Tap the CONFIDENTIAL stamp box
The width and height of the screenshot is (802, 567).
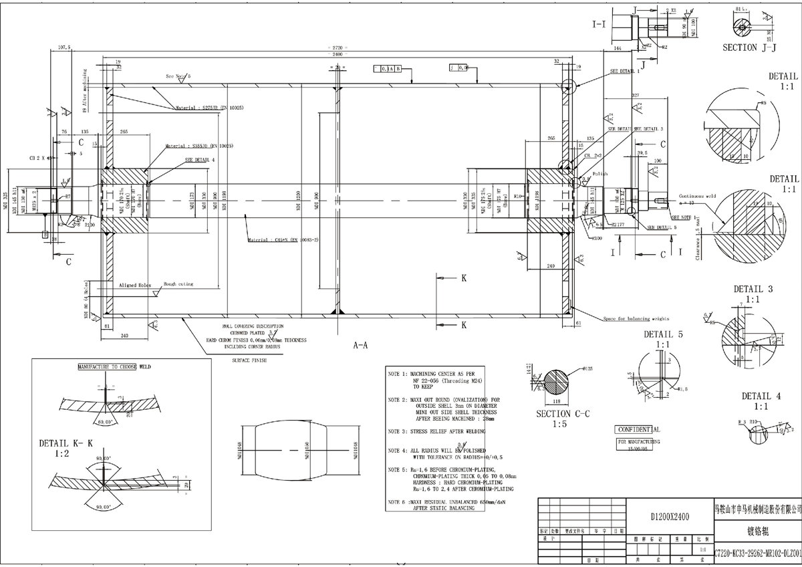(x=638, y=429)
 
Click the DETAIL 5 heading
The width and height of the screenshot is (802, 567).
(x=663, y=334)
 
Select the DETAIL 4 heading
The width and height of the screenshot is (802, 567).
(x=752, y=396)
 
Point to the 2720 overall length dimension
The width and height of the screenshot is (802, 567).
(x=337, y=48)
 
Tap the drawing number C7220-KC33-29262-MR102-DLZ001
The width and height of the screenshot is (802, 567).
(x=758, y=553)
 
